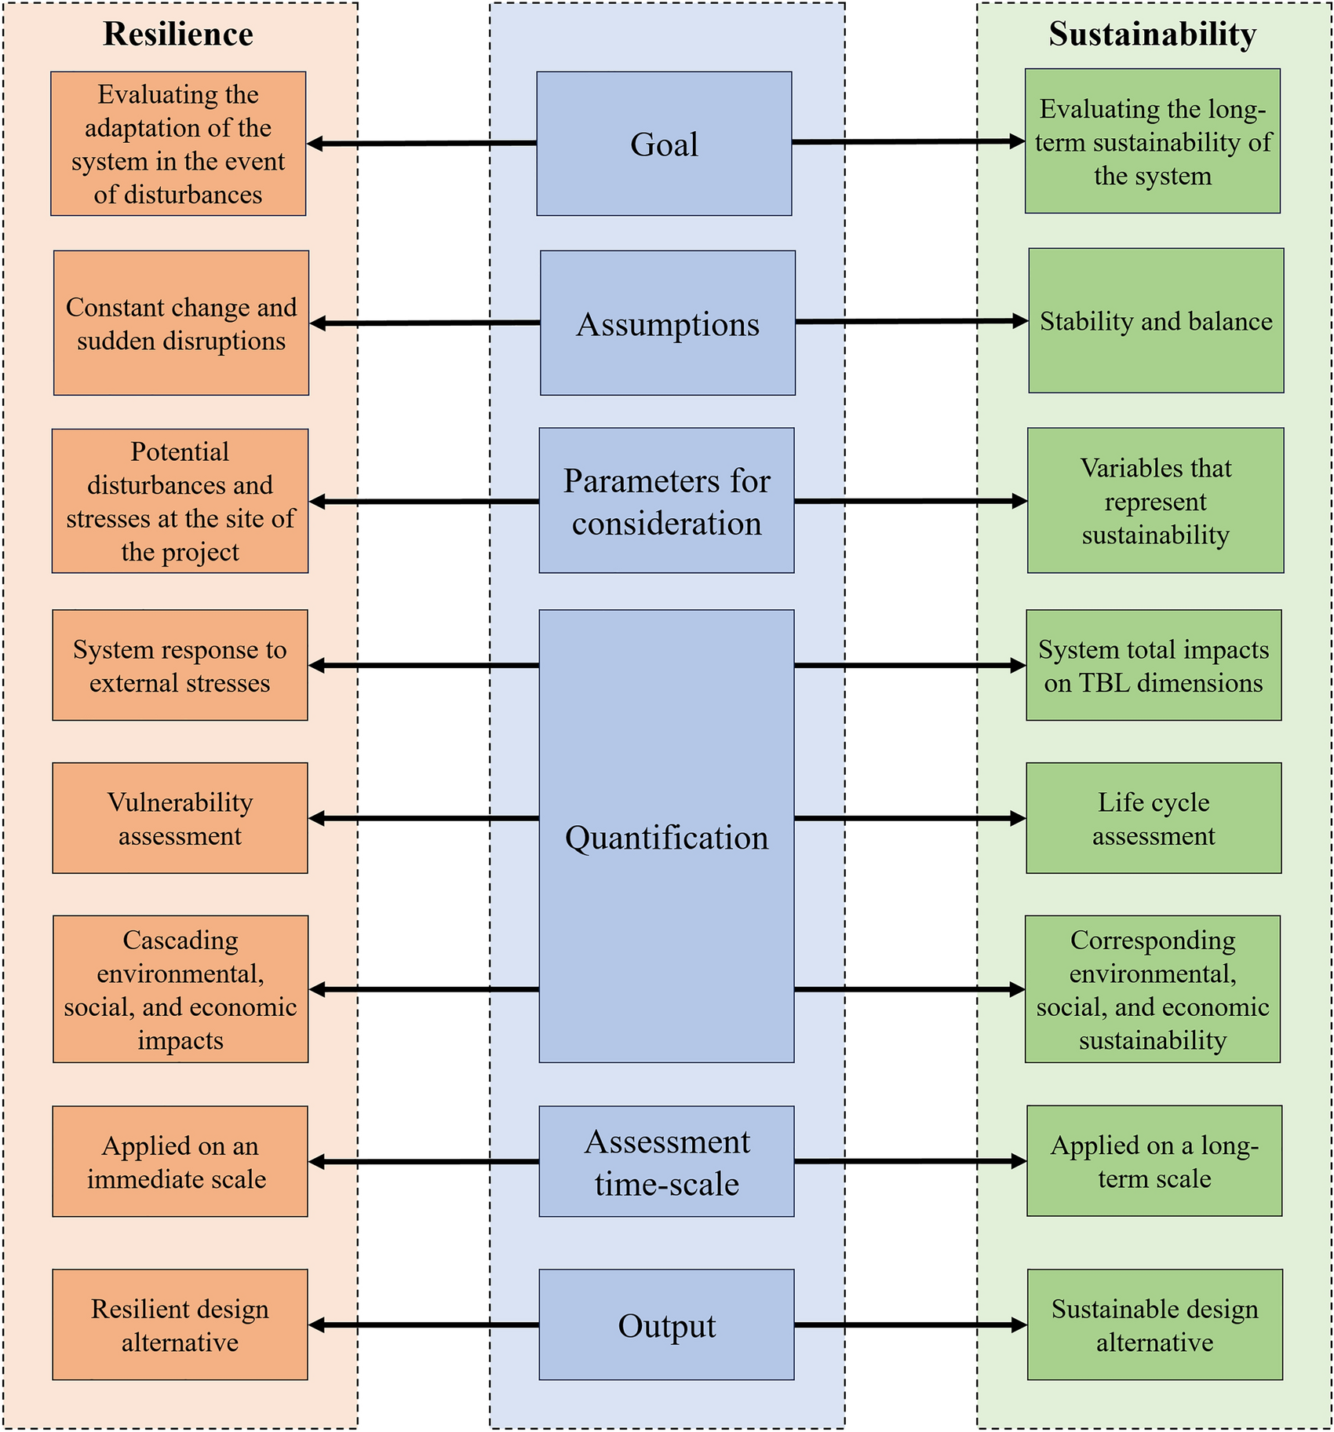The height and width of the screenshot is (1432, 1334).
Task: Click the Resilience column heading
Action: point(178,35)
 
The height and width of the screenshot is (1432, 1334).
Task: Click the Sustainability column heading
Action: point(1152,35)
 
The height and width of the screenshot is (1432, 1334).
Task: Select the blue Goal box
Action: point(664,144)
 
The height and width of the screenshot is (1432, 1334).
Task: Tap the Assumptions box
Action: point(667,323)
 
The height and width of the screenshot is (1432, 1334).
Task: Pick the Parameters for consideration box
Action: point(666,501)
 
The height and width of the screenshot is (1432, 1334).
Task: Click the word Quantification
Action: point(666,838)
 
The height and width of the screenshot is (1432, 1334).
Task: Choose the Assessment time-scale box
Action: point(666,1162)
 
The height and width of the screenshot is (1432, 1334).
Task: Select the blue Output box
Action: point(666,1325)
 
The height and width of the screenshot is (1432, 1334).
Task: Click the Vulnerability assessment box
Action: point(180,818)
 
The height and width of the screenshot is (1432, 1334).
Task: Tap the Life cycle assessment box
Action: point(1154,818)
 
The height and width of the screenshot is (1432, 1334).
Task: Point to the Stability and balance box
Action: point(1156,321)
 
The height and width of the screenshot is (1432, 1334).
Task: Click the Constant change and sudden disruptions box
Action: point(181,323)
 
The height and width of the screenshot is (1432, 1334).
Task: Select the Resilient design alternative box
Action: point(180,1325)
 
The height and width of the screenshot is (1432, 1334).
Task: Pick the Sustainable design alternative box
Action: point(1154,1325)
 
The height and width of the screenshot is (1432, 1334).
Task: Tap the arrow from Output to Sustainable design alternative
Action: point(910,1325)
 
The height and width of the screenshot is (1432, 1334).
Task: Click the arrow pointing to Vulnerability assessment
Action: point(424,819)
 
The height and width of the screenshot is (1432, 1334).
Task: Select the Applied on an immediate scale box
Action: point(180,1162)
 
